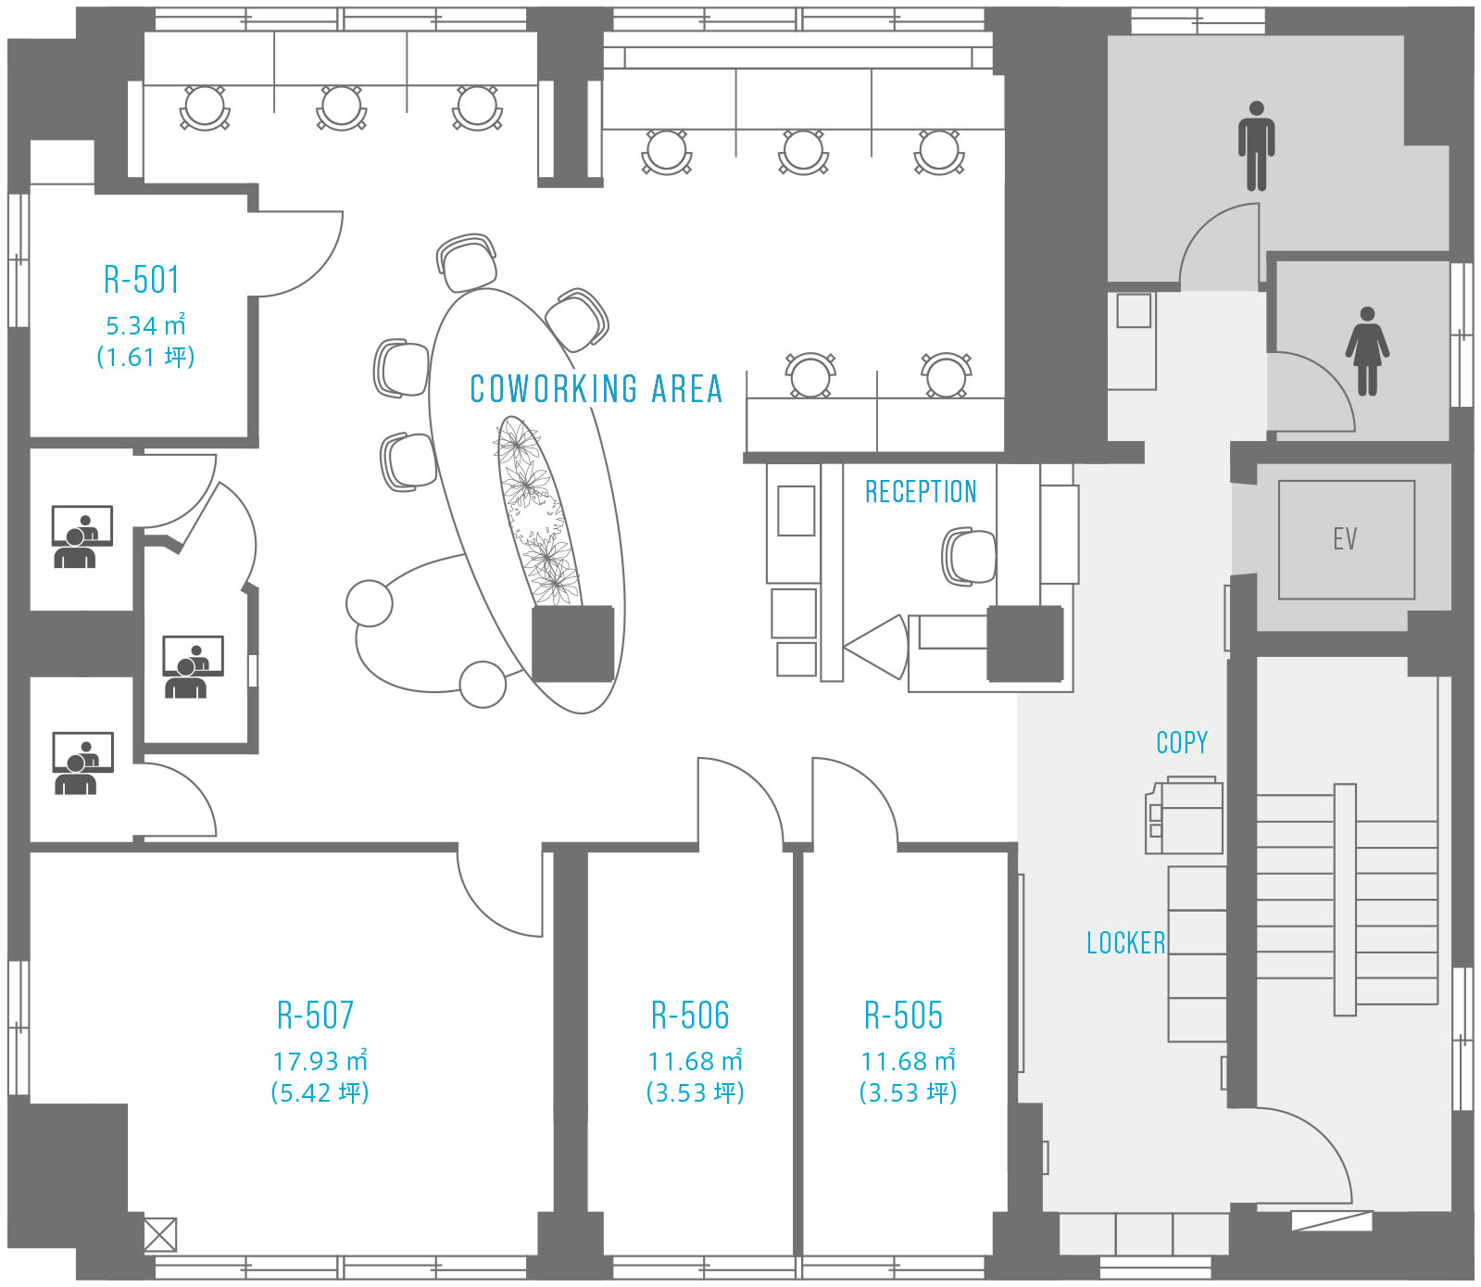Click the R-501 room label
pos(141,279)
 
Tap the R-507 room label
pos(315,1016)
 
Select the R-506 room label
pos(690,1016)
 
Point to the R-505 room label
pos(903,1016)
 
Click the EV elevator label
pos(1345,538)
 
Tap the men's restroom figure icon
pos(1256,145)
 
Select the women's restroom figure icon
pos(1367,351)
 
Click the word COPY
pos(1182,742)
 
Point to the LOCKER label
pos(1125,943)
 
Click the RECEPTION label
pos(921,492)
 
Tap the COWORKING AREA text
pos(596,389)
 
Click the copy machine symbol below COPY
pos(1185,816)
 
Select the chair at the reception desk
pos(969,557)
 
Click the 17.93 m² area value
pos(320,1060)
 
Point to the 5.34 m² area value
pos(145,325)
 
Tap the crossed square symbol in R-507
pos(160,1234)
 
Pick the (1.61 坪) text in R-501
pos(145,357)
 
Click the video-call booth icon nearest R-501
pos(82,536)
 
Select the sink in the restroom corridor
pos(1134,310)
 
